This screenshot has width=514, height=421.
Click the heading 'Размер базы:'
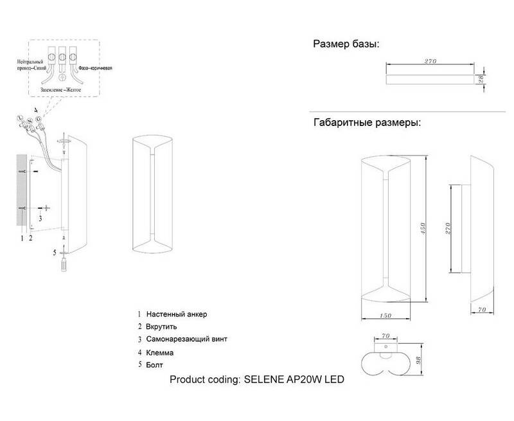tap(346, 44)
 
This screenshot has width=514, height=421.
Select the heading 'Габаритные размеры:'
tap(367, 123)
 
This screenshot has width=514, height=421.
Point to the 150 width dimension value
tap(385, 315)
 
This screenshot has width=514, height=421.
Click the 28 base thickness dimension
tap(480, 80)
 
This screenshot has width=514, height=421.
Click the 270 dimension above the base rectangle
tap(430, 62)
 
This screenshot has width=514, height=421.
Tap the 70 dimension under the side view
tap(481, 309)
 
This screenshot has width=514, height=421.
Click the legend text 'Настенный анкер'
tap(177, 314)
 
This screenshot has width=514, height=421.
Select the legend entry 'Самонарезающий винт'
tap(186, 339)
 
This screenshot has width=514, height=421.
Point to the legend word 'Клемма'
tap(160, 353)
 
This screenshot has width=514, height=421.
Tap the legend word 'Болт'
tap(155, 364)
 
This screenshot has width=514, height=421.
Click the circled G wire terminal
tap(39, 119)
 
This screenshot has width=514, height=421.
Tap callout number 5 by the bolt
tap(55, 251)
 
